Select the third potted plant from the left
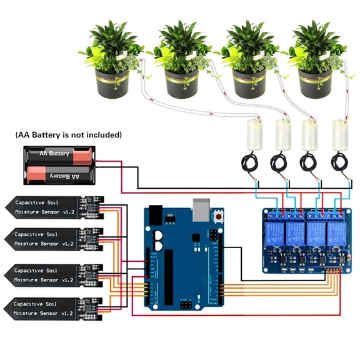(x=248, y=59)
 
